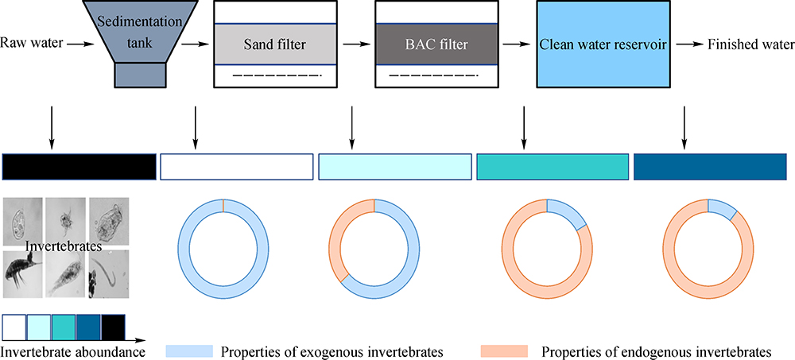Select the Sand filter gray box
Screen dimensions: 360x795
click(x=262, y=45)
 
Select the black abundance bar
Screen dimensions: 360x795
click(x=79, y=166)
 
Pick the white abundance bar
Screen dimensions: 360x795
click(x=236, y=166)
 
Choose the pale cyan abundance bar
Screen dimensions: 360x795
click(x=394, y=166)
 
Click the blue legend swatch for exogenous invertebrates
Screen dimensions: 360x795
click(x=189, y=350)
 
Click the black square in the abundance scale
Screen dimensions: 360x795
click(x=112, y=327)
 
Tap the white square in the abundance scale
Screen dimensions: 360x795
click(x=14, y=327)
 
